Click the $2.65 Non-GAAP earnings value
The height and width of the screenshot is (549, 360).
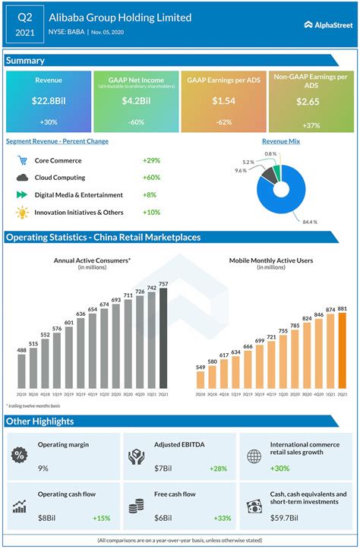[x=308, y=101]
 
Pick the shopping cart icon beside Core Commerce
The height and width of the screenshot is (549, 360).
[x=22, y=161]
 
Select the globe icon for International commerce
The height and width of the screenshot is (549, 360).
[x=254, y=455]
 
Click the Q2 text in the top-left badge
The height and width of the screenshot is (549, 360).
[x=25, y=14]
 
